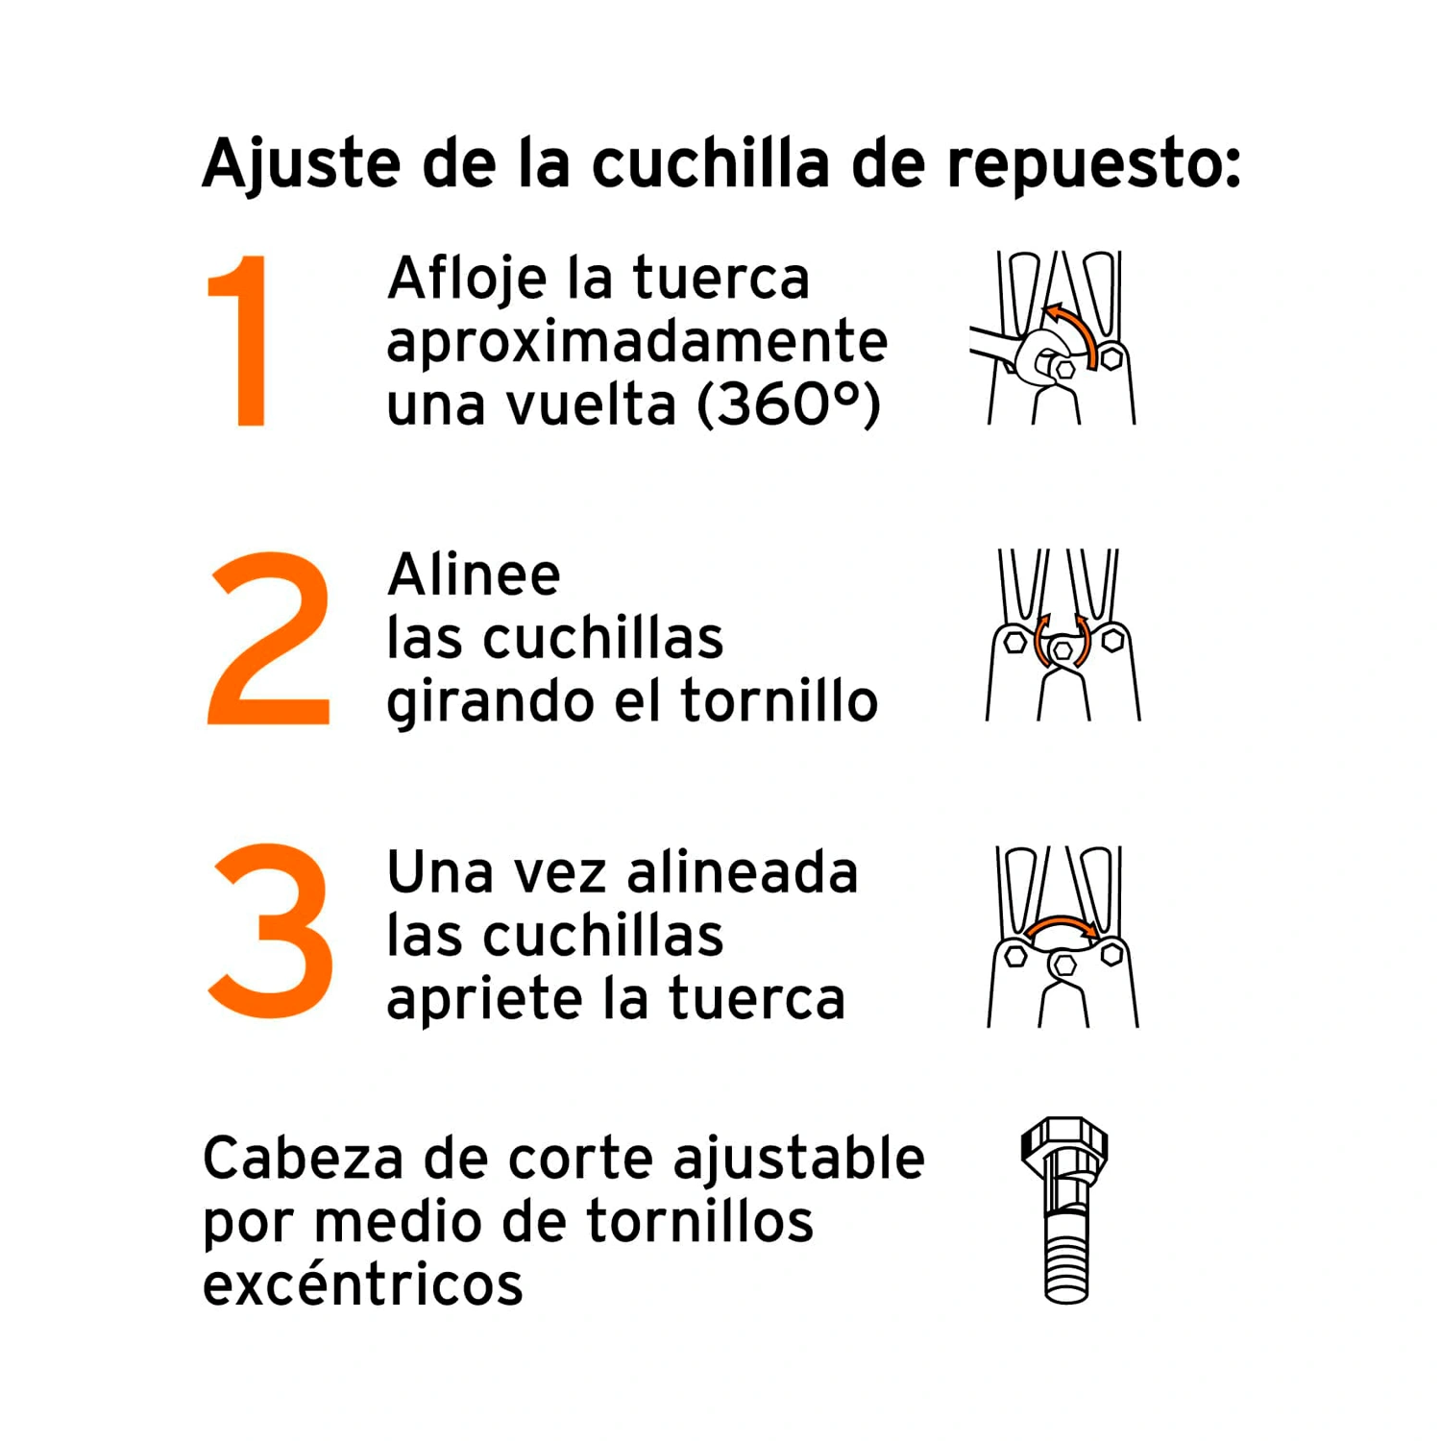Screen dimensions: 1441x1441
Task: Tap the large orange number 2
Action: (x=270, y=638)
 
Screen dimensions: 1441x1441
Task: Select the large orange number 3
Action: (x=272, y=931)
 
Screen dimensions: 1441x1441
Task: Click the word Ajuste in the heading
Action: (x=301, y=164)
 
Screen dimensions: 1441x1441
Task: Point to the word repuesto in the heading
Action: (x=1093, y=165)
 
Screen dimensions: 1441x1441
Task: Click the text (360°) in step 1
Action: (x=789, y=404)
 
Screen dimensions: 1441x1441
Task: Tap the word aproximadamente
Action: (x=637, y=343)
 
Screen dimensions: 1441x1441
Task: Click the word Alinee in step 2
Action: (x=474, y=574)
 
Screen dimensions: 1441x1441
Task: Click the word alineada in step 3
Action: (x=742, y=872)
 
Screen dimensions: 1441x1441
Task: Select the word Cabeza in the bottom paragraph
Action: (x=303, y=1158)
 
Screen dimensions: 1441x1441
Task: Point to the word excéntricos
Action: (x=363, y=1283)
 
